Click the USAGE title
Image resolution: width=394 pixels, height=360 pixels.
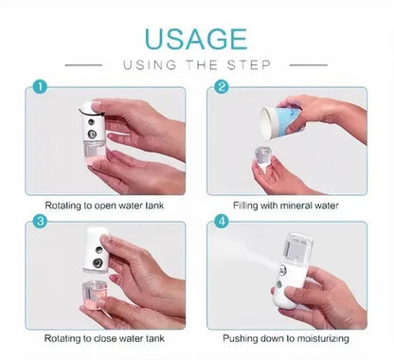(x=197, y=41)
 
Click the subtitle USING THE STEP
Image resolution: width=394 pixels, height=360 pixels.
(x=197, y=66)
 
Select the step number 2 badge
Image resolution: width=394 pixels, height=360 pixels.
(x=222, y=88)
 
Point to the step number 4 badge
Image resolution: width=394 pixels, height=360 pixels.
(x=222, y=223)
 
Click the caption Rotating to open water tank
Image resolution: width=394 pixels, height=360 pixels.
(x=108, y=205)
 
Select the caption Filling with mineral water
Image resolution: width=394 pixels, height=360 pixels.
(x=286, y=205)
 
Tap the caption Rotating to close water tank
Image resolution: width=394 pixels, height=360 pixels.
(x=108, y=338)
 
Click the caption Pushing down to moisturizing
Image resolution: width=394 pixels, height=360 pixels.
(x=286, y=338)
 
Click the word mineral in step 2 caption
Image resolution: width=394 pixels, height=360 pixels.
(x=296, y=205)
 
